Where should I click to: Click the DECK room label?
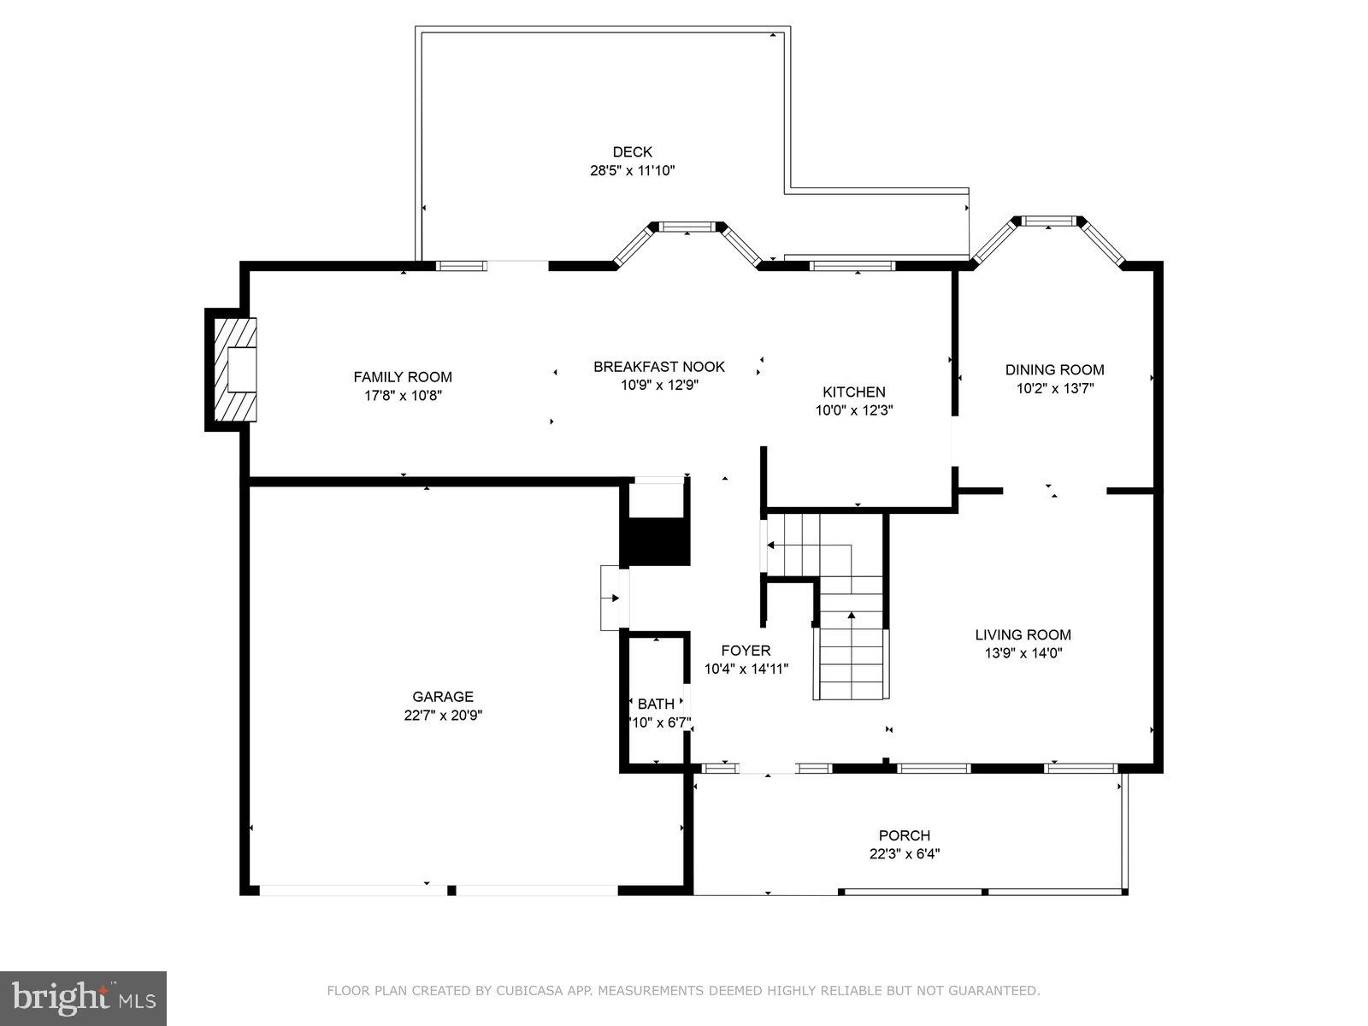click(x=632, y=152)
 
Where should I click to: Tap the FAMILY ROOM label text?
click(x=403, y=377)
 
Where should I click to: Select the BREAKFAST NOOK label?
click(x=659, y=367)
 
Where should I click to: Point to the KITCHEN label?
click(x=853, y=392)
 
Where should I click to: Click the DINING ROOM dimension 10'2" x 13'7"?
click(x=1054, y=388)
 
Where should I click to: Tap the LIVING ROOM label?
click(x=1023, y=634)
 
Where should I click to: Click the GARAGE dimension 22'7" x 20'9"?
click(x=443, y=716)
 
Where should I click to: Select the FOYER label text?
click(x=746, y=651)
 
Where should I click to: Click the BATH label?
click(x=656, y=705)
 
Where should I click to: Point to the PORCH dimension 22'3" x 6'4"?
click(x=904, y=853)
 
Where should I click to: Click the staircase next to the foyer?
click(x=851, y=650)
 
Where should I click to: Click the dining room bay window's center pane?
click(x=1050, y=221)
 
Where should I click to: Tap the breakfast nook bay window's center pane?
click(x=687, y=227)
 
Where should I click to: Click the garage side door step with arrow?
click(x=613, y=598)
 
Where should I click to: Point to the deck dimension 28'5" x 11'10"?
click(x=632, y=171)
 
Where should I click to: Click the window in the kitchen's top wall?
click(x=852, y=266)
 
